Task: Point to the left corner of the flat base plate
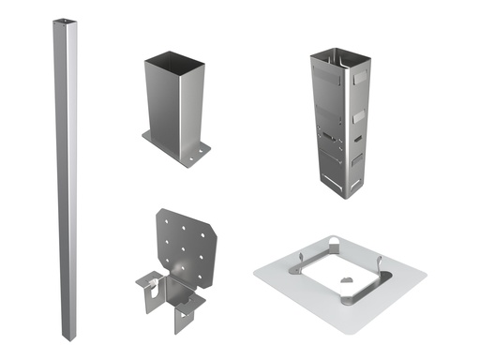click(256, 273)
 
